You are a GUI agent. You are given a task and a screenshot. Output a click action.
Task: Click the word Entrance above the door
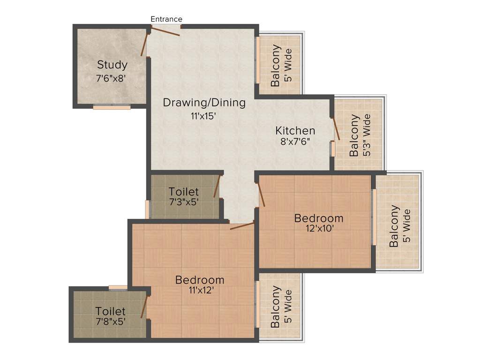(x=166, y=19)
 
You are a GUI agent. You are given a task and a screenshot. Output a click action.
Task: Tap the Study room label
(x=112, y=65)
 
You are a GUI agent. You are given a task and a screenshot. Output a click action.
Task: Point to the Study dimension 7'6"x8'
(x=111, y=79)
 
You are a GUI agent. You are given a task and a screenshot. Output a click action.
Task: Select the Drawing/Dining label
(x=204, y=103)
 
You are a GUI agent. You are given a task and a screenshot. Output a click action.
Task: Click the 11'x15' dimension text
(x=203, y=116)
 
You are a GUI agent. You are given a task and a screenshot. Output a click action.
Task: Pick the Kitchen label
(x=295, y=130)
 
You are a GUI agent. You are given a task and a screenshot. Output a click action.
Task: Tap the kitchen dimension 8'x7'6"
(x=295, y=142)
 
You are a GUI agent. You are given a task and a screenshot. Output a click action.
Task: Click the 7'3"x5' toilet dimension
(x=184, y=202)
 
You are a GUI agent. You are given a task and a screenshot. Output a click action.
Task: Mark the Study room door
(x=145, y=45)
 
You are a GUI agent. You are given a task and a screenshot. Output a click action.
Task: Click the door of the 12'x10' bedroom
(x=262, y=195)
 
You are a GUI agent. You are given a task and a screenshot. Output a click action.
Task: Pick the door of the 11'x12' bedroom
(x=242, y=226)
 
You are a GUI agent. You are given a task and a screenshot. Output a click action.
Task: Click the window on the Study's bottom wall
(x=112, y=107)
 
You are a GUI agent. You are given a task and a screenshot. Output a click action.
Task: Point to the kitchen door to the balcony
(x=336, y=129)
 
